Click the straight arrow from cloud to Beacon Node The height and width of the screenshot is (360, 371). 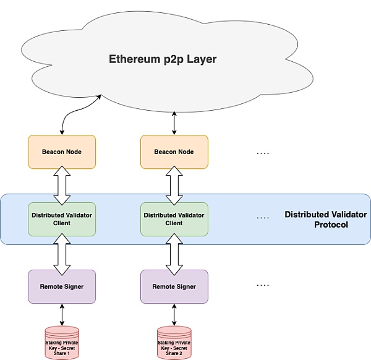coord(174,122)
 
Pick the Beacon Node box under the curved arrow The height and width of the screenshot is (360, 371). coord(62,152)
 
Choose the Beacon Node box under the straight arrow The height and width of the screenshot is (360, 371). coord(174,152)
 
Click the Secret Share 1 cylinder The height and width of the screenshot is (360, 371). coord(62,342)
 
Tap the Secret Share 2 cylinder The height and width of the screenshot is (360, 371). coord(174,342)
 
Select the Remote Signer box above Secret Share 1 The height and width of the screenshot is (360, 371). coord(62,286)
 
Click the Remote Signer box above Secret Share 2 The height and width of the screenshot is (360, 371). coord(174,286)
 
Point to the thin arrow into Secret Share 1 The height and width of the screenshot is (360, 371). coord(62,314)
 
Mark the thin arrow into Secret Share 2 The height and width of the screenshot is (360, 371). coord(174,314)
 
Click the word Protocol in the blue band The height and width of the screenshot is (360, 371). coord(331,225)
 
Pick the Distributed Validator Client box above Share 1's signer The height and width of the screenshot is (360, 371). coord(62,218)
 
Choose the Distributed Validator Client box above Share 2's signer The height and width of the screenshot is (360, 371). coord(174,218)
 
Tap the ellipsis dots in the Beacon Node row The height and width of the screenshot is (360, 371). coord(263,152)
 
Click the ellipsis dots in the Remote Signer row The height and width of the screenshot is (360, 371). coord(263,285)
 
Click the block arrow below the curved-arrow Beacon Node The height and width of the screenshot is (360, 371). coord(62,185)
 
